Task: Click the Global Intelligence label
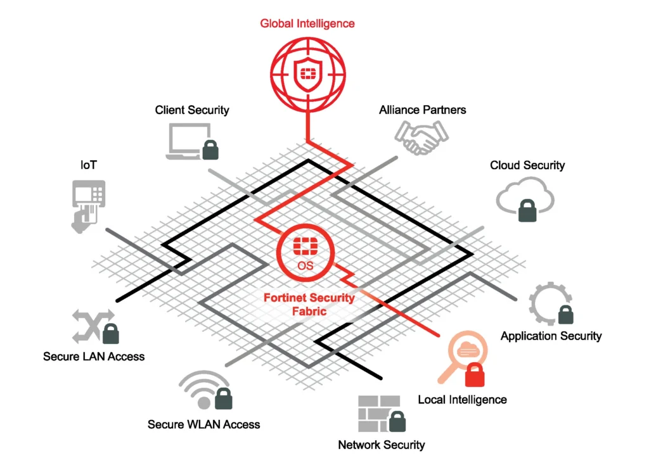pos(307,24)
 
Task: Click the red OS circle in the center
pos(305,253)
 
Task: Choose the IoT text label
pos(89,165)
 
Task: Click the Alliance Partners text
pos(423,110)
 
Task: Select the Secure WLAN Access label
pos(204,424)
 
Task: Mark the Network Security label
pos(382,445)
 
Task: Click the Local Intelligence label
pos(463,400)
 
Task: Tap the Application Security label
pos(551,336)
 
